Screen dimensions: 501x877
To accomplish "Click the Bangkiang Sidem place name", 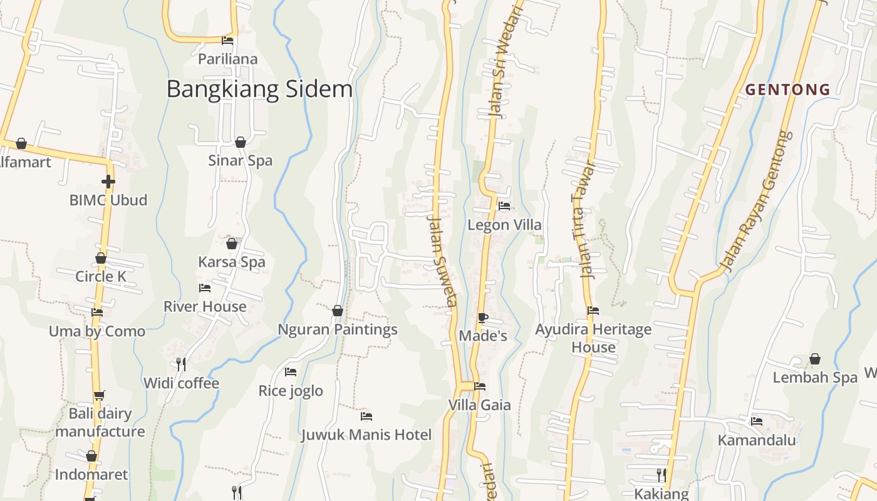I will pos(259,89).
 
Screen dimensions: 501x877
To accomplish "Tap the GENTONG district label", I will pos(787,90).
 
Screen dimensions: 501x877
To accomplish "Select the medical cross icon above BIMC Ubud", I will pos(108,182).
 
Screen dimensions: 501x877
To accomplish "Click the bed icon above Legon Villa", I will pos(504,205).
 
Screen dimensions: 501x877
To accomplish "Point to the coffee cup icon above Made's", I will pos(482,318).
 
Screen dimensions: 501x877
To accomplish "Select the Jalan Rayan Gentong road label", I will pos(755,201).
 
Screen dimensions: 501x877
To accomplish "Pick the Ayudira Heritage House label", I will pos(593,338).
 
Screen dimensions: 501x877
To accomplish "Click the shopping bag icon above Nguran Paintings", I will pos(338,311).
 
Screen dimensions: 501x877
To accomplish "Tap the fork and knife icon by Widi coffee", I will pos(181,364).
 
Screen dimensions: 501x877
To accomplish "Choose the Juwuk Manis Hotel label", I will pos(366,435).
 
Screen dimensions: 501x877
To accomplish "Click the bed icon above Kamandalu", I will pos(757,421).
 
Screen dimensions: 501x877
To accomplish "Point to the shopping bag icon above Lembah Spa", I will pos(815,359).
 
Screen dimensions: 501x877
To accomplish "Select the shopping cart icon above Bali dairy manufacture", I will pos(100,395).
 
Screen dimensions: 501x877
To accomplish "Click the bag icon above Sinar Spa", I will pos(241,142).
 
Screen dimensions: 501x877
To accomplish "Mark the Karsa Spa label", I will pos(232,262).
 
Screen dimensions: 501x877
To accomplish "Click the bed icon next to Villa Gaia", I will pos(480,386).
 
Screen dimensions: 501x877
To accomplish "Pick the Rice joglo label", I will pos(291,391).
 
